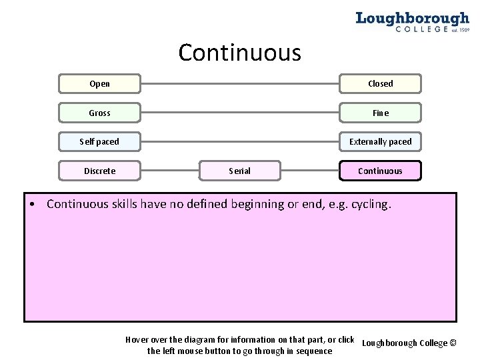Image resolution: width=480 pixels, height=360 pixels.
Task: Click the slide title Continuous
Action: click(x=239, y=53)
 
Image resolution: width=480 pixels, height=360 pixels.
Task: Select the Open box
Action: click(x=99, y=84)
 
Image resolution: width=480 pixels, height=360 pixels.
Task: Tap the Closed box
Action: click(x=380, y=84)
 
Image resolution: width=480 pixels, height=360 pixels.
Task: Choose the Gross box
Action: click(x=99, y=113)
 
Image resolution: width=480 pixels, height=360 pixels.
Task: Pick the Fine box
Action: click(x=380, y=113)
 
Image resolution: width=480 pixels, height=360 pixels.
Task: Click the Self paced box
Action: click(x=99, y=142)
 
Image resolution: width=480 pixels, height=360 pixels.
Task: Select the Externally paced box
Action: click(x=380, y=142)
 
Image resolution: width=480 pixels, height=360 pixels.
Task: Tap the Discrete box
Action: click(x=99, y=171)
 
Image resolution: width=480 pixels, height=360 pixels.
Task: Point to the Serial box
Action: click(x=239, y=171)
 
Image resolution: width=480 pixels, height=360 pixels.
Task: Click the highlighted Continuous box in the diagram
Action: click(x=380, y=171)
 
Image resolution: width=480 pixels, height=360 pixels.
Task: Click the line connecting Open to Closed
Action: click(x=240, y=84)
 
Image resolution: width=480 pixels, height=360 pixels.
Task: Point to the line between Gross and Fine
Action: click(x=240, y=113)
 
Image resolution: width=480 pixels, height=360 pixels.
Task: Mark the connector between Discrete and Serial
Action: click(x=170, y=171)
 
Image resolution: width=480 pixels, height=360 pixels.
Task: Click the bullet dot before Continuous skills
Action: click(x=33, y=205)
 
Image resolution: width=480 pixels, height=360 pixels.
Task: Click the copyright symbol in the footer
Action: click(x=453, y=343)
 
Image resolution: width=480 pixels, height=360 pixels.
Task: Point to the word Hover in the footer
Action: click(x=138, y=340)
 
